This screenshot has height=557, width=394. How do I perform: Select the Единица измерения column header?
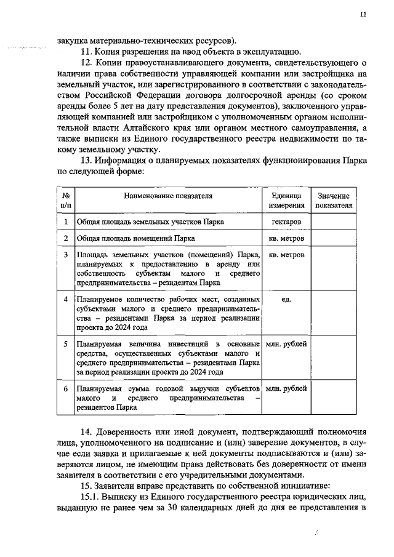286,201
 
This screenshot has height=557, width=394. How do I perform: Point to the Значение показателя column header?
334,201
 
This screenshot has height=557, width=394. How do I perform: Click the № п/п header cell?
66,201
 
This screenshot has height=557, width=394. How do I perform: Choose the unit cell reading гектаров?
286,221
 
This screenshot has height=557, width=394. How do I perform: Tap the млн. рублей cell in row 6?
286,390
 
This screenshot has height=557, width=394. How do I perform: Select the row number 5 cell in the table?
66,343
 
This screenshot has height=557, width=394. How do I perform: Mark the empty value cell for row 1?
334,221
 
